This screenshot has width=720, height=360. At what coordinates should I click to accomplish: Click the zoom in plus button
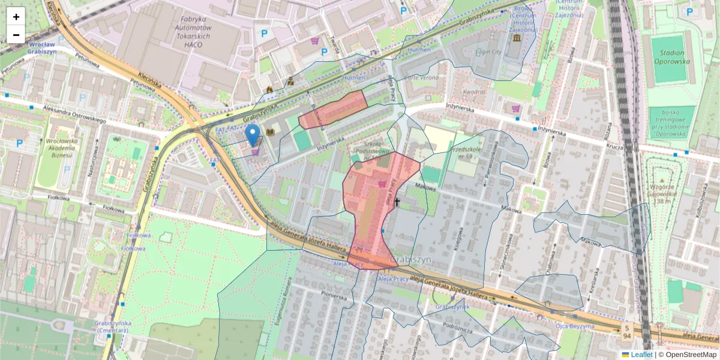coord(16,16)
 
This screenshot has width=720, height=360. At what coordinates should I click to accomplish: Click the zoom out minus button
coord(16,35)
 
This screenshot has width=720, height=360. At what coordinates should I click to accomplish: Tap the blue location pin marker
coord(253,134)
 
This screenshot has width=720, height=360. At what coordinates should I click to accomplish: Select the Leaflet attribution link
coord(641,355)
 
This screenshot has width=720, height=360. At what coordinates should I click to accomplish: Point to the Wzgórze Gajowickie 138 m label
coord(662,194)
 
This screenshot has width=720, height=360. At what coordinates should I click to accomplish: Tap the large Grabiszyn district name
coord(410,259)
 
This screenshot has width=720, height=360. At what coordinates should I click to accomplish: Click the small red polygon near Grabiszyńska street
coord(333,110)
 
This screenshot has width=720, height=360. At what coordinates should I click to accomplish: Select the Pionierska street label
coord(334,296)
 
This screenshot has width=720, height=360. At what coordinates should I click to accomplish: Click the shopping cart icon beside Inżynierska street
coord(516,109)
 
